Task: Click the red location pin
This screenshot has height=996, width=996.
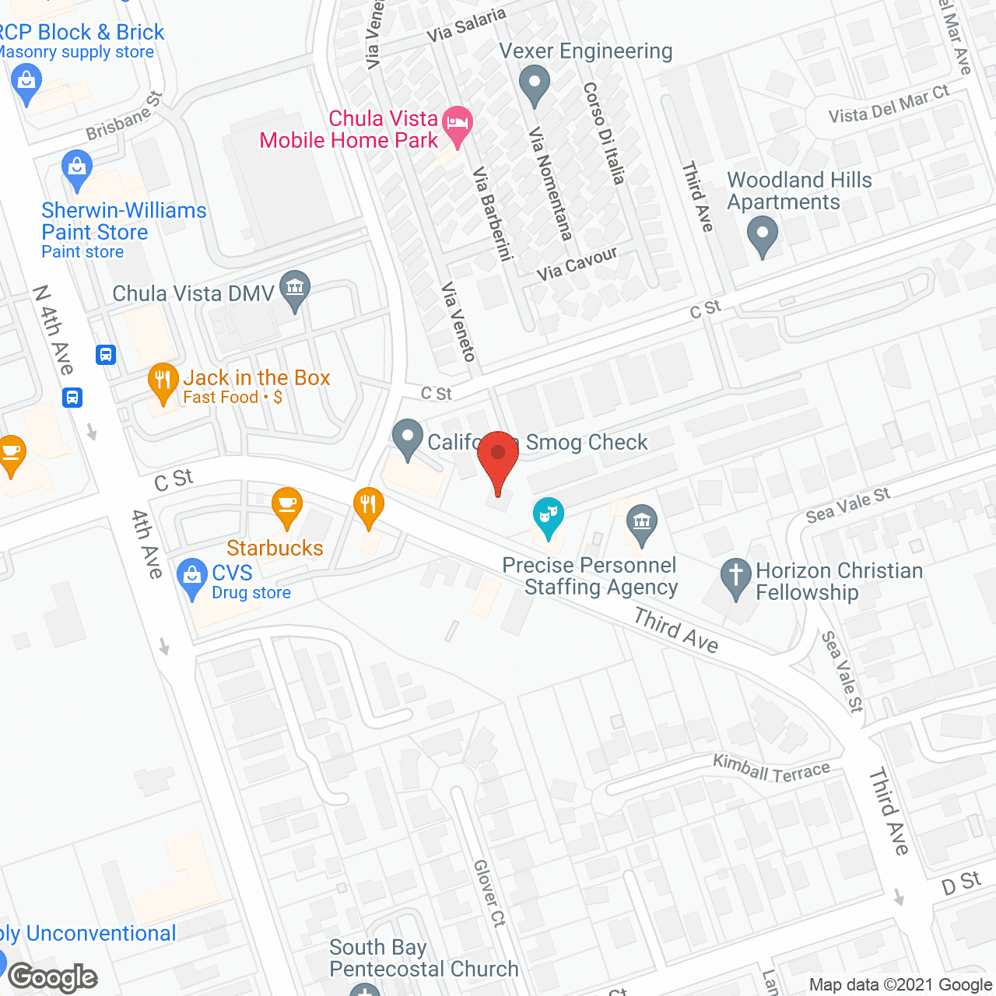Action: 498,459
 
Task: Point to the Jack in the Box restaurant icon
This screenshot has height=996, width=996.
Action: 163,381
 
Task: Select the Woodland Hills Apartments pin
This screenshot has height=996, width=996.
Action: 763,235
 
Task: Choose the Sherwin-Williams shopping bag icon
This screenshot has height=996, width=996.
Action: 76,169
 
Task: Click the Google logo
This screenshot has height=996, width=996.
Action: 53,977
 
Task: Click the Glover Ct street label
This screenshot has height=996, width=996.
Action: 489,893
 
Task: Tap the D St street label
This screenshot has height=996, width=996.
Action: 961,883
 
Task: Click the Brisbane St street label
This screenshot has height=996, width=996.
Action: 124,115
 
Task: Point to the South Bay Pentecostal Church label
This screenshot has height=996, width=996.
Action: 423,958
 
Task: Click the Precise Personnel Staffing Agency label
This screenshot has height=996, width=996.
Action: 590,576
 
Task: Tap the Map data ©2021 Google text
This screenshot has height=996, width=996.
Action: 900,985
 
